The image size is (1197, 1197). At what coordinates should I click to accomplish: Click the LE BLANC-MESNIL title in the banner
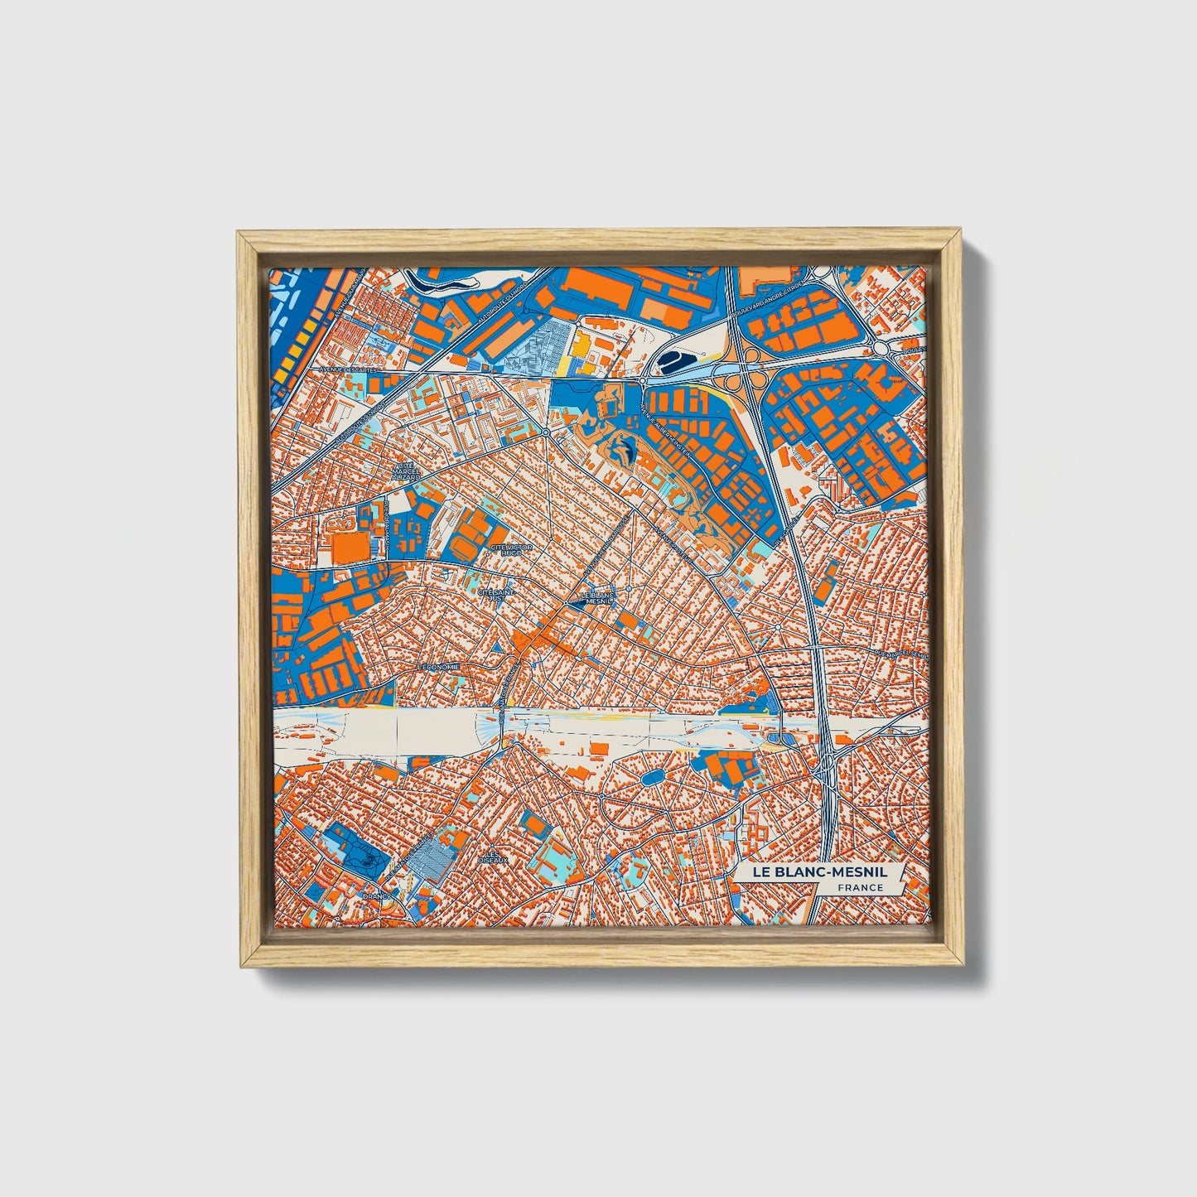[x=818, y=872]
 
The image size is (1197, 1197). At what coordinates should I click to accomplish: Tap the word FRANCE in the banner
[x=860, y=888]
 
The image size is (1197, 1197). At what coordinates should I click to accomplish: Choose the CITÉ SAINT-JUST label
[x=498, y=595]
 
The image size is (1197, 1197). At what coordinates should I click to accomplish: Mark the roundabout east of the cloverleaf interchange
[x=887, y=350]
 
